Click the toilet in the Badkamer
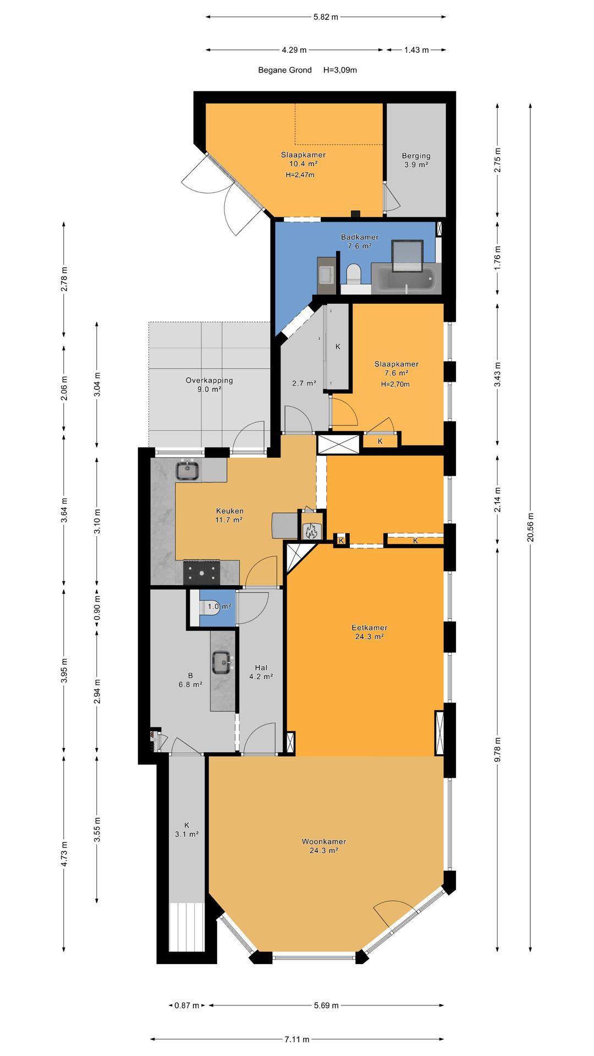click(x=353, y=273)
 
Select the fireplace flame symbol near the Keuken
click(x=310, y=531)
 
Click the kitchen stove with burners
click(x=201, y=572)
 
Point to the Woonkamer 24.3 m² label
click(x=323, y=846)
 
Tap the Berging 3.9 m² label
click(x=416, y=160)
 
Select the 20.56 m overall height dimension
click(x=530, y=527)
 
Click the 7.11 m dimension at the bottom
click(x=296, y=1039)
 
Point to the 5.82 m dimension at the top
click(x=326, y=17)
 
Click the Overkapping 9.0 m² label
click(x=209, y=384)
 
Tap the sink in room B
click(x=222, y=662)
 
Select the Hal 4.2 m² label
click(x=261, y=672)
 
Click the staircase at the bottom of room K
click(x=186, y=927)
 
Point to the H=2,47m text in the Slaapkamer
click(x=300, y=175)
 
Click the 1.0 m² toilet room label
click(x=219, y=607)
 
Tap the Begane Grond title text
click(x=285, y=70)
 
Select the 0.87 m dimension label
click(x=186, y=1005)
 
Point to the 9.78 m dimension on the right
click(x=498, y=749)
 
